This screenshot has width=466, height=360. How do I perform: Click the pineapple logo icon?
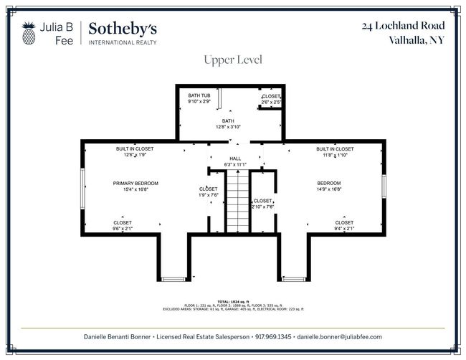[x=29, y=32]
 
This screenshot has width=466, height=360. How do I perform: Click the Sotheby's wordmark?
[x=123, y=29]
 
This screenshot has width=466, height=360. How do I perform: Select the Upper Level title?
[x=233, y=60]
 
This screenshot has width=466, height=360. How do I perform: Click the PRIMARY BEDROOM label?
[x=135, y=186]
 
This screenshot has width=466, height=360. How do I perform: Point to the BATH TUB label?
[x=199, y=99]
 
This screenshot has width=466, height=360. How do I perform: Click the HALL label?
[x=235, y=161]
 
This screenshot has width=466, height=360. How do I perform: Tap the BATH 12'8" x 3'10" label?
[x=227, y=123]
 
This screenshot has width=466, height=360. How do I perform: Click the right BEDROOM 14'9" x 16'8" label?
[x=329, y=186]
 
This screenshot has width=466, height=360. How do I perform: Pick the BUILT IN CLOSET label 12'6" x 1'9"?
[x=135, y=151]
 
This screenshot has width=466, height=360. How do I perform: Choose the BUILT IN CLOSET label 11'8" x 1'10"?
[x=335, y=151]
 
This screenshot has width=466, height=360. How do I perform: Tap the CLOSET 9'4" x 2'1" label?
[x=344, y=225]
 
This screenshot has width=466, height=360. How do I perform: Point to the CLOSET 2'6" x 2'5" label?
[x=271, y=99]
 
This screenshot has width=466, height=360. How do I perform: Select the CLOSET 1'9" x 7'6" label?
[x=208, y=191]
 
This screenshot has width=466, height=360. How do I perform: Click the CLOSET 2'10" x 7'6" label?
[x=262, y=203]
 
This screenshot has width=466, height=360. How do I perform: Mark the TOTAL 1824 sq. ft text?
[x=232, y=302]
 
